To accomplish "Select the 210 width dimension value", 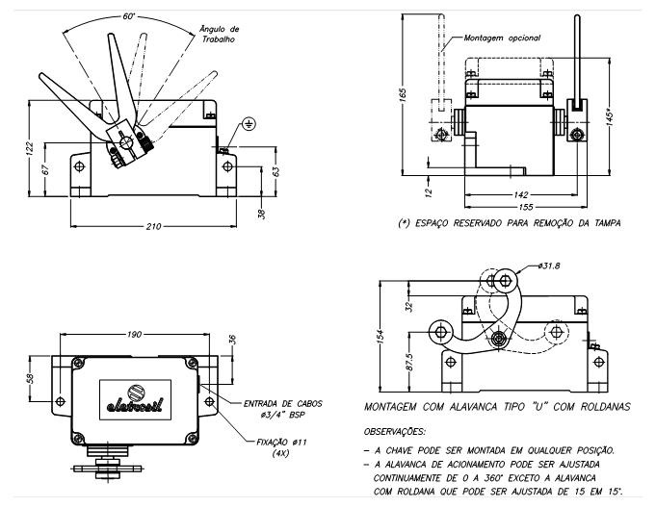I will [x=153, y=226].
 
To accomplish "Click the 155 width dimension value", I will [x=524, y=207].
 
